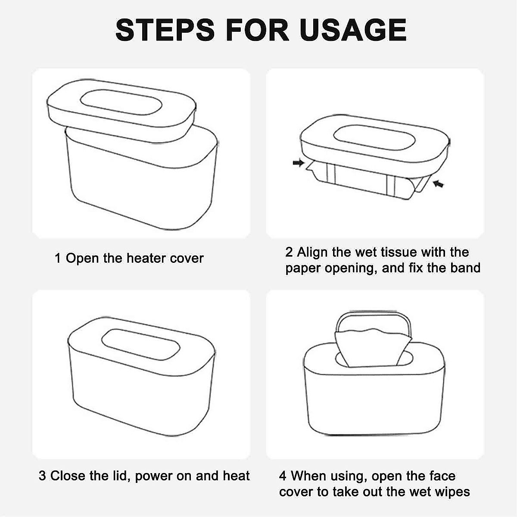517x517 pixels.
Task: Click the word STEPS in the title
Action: [165, 30]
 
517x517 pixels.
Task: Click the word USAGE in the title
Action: [352, 30]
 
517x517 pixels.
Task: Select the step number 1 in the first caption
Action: [58, 258]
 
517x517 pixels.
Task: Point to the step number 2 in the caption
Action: [289, 252]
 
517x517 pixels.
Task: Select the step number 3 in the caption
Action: [42, 476]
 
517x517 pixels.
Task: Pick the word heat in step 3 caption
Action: [236, 476]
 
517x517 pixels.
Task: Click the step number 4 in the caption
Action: [283, 476]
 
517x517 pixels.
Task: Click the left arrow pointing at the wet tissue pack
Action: [298, 163]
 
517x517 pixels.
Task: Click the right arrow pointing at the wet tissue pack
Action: [438, 184]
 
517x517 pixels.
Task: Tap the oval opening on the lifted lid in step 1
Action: [121, 103]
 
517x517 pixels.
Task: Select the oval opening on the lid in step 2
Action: [374, 138]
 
